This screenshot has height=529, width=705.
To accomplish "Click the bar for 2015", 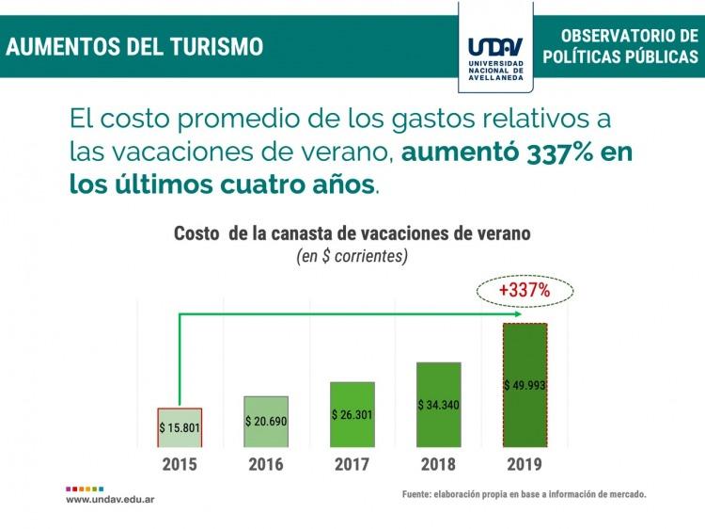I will point(180,427).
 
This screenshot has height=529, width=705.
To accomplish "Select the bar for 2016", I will point(266,422).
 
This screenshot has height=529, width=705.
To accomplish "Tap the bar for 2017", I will point(352,414).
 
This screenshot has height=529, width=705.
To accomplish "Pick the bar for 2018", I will point(439,405).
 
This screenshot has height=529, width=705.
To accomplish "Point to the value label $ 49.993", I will point(525,384).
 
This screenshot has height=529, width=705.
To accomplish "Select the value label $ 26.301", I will point(352,413).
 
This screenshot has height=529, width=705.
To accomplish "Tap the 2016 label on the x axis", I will point(266,463).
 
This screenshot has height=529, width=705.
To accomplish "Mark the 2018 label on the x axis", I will point(439,463).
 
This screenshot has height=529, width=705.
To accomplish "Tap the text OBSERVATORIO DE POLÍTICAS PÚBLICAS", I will point(620,46).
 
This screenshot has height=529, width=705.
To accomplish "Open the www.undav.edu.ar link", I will point(110,500).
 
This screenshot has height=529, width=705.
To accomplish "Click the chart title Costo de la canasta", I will point(352,233).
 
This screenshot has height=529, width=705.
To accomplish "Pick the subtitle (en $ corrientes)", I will point(352,256).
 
